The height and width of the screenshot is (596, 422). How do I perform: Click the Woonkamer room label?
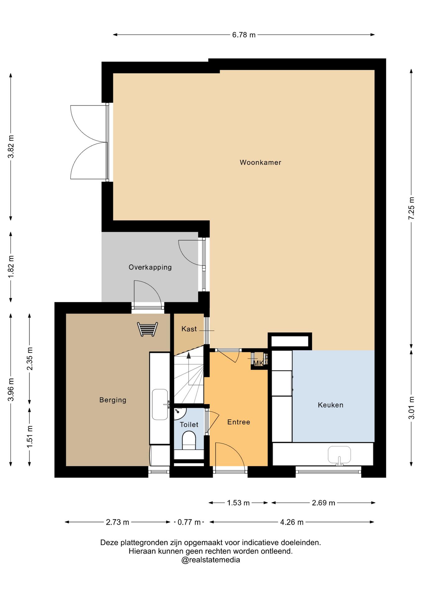(x=260, y=162)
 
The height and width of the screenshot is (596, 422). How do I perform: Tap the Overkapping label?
(x=150, y=267)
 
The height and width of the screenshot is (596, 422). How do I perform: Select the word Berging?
(x=113, y=400)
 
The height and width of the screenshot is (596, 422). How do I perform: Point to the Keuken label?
(x=331, y=405)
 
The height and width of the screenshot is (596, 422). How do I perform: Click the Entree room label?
(x=239, y=422)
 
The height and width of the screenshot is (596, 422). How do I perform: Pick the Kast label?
(x=189, y=329)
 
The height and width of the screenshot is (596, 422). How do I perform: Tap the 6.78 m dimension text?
(x=244, y=35)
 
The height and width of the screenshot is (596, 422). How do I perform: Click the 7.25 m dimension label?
(x=411, y=208)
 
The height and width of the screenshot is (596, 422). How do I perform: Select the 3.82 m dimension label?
(x=11, y=147)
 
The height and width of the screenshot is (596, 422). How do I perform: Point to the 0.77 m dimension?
(x=189, y=522)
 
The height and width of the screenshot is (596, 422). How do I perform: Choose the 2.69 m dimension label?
(x=323, y=503)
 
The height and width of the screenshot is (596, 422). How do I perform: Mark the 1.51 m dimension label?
(x=30, y=437)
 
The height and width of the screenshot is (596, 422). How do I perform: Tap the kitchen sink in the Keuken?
(x=339, y=455)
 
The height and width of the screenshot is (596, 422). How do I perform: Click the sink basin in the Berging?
(x=160, y=404)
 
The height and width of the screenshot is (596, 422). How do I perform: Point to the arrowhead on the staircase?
(x=189, y=355)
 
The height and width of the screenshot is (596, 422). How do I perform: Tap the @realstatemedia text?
(x=211, y=560)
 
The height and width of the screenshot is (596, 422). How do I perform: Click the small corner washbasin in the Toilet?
(x=180, y=413)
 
